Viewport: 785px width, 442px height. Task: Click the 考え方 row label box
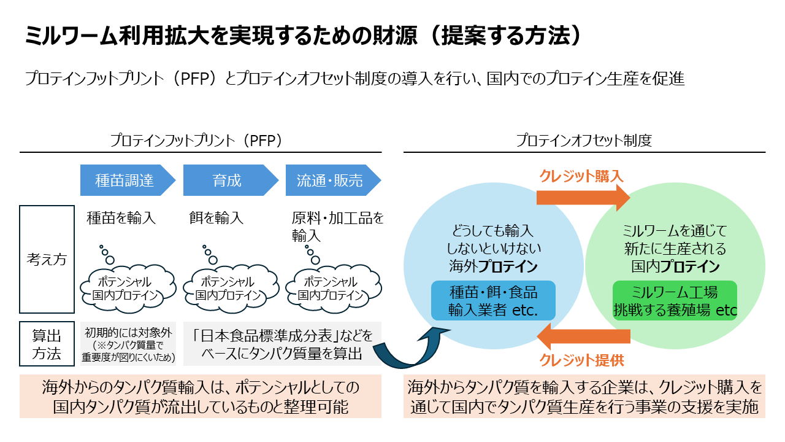pyautogui.click(x=47, y=259)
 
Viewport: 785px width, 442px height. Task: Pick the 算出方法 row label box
pyautogui.click(x=47, y=344)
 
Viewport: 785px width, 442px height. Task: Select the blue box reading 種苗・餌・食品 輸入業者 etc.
pyautogui.click(x=493, y=301)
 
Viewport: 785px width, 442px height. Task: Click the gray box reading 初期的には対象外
pyautogui.click(x=129, y=344)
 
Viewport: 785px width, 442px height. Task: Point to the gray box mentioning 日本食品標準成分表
pyautogui.click(x=282, y=344)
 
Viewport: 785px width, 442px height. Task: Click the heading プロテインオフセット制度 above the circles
pyautogui.click(x=583, y=140)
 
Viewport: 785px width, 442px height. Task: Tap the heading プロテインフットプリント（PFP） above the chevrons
pyautogui.click(x=196, y=140)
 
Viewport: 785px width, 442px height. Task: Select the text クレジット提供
pyautogui.click(x=581, y=360)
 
